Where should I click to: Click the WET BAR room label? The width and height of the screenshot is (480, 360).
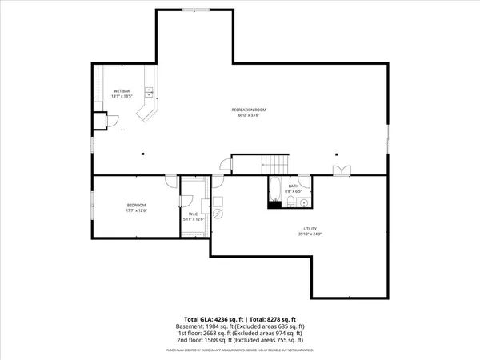pos(121,91)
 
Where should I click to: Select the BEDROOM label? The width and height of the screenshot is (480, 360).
pos(136,206)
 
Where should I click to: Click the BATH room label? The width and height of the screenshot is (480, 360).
pos(294,186)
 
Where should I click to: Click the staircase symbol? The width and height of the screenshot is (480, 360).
pos(276,164)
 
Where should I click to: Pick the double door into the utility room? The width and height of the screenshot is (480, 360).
pos(342,170)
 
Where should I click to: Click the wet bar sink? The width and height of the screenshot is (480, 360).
pos(147,90)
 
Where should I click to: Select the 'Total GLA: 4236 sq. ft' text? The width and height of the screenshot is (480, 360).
pos(210,319)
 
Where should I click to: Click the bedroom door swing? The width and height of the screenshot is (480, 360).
pos(170,182)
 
